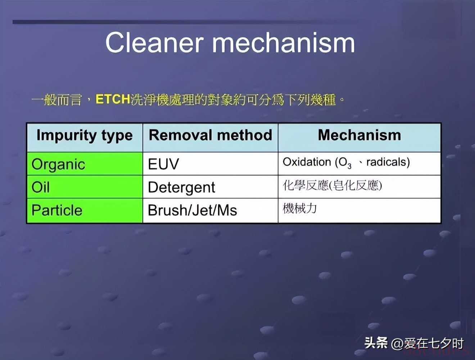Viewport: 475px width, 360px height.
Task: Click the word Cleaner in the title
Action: pyautogui.click(x=154, y=42)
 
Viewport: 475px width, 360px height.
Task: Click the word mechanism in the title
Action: pyautogui.click(x=284, y=42)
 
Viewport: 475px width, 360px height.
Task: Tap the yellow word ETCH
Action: pyautogui.click(x=113, y=99)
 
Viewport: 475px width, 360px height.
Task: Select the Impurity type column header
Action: pyautogui.click(x=85, y=136)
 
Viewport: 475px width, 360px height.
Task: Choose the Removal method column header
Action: pyautogui.click(x=211, y=135)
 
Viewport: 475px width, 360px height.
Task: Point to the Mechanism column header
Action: pyautogui.click(x=359, y=135)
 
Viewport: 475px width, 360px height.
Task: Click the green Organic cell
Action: pyautogui.click(x=85, y=164)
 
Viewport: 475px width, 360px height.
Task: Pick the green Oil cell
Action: pyautogui.click(x=85, y=187)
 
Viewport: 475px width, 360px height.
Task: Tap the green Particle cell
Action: pyautogui.click(x=85, y=210)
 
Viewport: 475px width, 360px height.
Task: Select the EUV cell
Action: pyautogui.click(x=211, y=164)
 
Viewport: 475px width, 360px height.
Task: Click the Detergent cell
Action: pyautogui.click(x=211, y=187)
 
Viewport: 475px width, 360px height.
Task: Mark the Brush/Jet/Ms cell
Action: pyautogui.click(x=211, y=210)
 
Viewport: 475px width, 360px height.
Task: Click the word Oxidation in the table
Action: pyautogui.click(x=307, y=162)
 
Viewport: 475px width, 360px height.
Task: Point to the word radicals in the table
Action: pyautogui.click(x=388, y=162)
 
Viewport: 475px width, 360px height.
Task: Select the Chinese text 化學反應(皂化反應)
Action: pyautogui.click(x=332, y=185)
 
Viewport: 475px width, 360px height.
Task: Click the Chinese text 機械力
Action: pyautogui.click(x=300, y=208)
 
